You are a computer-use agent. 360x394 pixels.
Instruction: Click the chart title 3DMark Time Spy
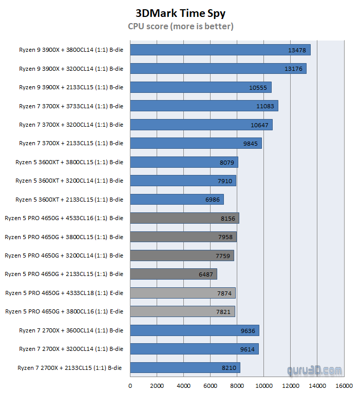[180, 13]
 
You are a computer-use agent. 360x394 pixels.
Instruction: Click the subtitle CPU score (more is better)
[180, 26]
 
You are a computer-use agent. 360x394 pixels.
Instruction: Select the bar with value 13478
[220, 50]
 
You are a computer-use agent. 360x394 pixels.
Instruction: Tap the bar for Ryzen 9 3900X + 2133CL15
[200, 87]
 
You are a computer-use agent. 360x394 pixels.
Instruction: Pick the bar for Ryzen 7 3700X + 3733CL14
[204, 106]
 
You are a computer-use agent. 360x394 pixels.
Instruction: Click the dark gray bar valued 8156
[184, 218]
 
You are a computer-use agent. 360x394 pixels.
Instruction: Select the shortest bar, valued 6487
[174, 274]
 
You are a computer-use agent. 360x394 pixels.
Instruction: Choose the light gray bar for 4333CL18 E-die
[182, 293]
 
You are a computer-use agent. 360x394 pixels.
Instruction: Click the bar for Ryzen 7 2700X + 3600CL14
[194, 330]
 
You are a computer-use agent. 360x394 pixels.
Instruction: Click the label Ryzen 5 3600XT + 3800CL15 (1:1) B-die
[69, 162]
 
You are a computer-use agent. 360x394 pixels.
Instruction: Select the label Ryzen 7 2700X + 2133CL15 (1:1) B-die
[70, 367]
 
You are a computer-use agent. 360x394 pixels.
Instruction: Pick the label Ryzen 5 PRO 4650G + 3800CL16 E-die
[64, 311]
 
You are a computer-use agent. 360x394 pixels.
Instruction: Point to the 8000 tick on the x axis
[237, 386]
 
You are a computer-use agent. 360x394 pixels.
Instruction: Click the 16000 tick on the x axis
[344, 386]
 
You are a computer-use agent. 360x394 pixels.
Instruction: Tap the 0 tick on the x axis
[130, 386]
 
